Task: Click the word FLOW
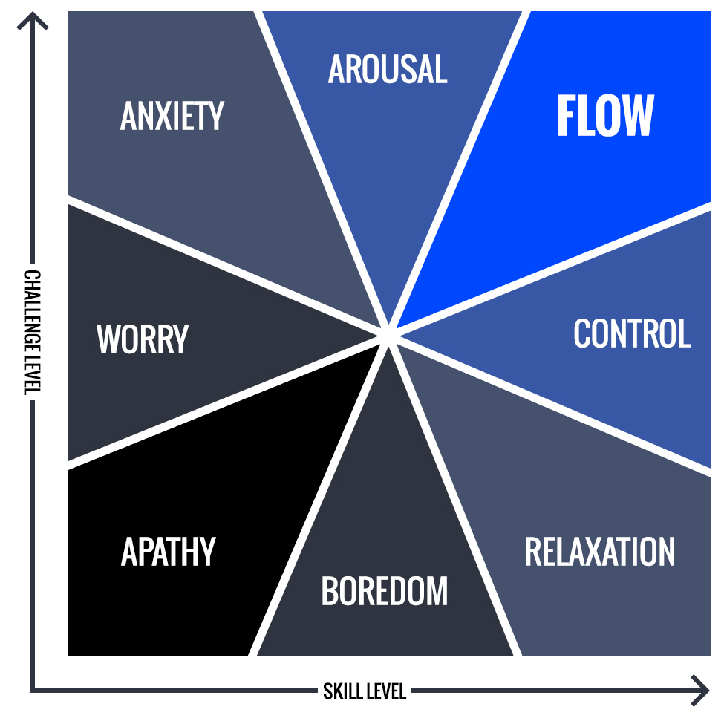pos(605,117)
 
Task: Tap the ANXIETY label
pos(172,117)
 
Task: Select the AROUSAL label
pos(388,70)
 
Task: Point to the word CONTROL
pos(632,334)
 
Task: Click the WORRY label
pos(143,339)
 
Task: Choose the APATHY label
pos(168,552)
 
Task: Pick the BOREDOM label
pos(385,591)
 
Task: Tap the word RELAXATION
pos(600,552)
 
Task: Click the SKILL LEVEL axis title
pos(365,692)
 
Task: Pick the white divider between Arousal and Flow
pos(460,170)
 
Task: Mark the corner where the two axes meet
pos(33,691)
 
